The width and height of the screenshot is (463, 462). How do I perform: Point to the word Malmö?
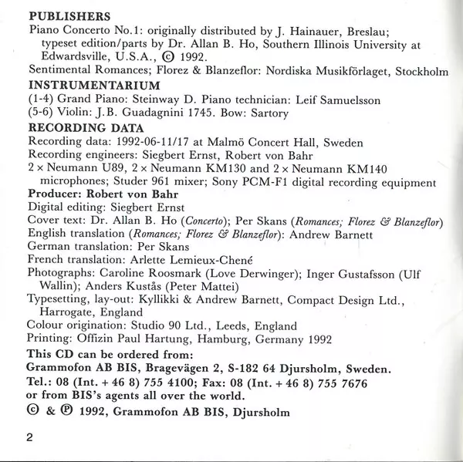[242, 142]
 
